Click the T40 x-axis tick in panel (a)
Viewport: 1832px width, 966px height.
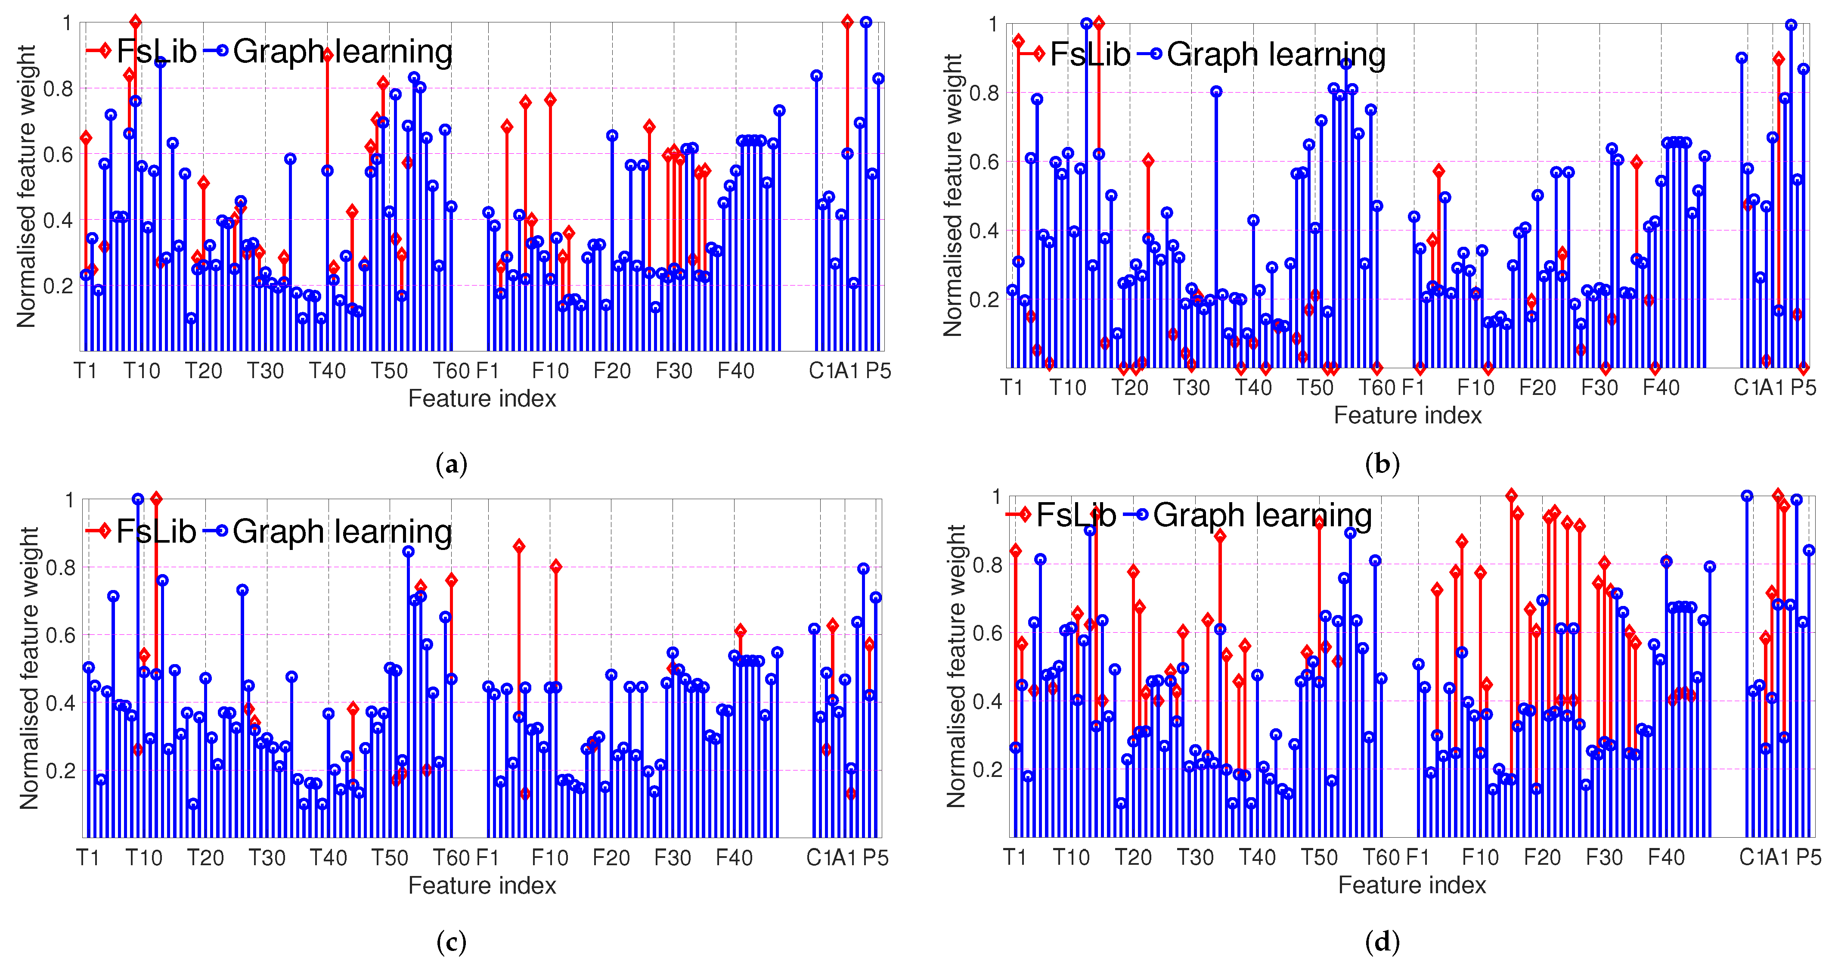(327, 371)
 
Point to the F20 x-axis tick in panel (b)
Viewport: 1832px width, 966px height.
(1537, 388)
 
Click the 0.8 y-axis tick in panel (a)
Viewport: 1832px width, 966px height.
(58, 89)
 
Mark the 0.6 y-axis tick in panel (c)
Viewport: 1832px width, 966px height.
(60, 634)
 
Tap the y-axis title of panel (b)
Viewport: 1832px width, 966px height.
(952, 195)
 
